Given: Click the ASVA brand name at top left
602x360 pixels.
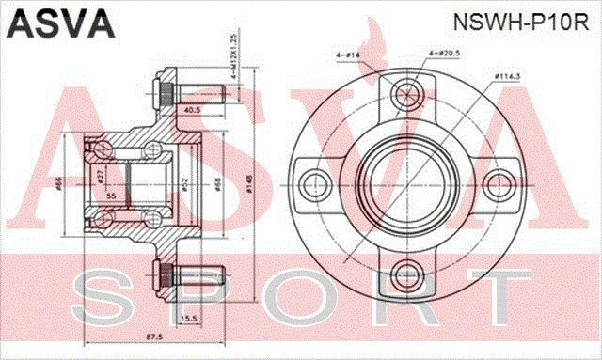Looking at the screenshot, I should click(x=57, y=20).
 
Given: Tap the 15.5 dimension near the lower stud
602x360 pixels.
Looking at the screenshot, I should click(x=188, y=319).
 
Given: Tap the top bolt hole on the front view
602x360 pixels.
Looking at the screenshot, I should click(x=406, y=91).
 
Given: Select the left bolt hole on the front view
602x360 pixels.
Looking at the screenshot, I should click(x=314, y=183).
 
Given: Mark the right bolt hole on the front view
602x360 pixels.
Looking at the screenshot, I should click(x=499, y=183).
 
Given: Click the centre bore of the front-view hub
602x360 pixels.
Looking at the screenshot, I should click(x=406, y=183).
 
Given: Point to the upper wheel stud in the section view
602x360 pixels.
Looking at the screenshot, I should click(x=188, y=94).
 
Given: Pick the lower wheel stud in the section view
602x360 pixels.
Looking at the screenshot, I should click(x=188, y=275).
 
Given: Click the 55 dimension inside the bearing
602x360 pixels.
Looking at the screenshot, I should click(x=111, y=195).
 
